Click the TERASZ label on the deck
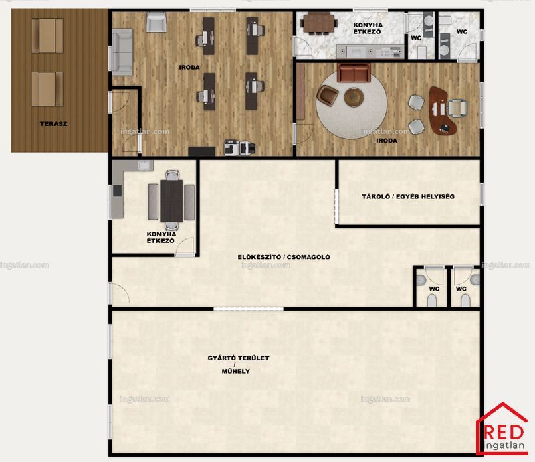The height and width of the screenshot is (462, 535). pyautogui.click(x=53, y=124)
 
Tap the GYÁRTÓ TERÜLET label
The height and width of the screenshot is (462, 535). pyautogui.click(x=239, y=358)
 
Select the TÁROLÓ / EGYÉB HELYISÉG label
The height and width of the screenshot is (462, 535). pyautogui.click(x=409, y=196)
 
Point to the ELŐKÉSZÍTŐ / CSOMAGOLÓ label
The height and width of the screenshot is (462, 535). pyautogui.click(x=284, y=257)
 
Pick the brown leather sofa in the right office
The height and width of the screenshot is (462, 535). pyautogui.click(x=354, y=72)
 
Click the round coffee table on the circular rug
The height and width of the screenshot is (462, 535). pyautogui.click(x=354, y=97)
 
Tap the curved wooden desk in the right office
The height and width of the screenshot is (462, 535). pyautogui.click(x=442, y=110)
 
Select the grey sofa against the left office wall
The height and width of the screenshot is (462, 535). pyautogui.click(x=122, y=52)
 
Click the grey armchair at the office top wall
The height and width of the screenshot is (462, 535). pyautogui.click(x=156, y=22)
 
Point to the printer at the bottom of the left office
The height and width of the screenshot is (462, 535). pyautogui.click(x=240, y=147)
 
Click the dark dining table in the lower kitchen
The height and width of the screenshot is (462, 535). pyautogui.click(x=172, y=201)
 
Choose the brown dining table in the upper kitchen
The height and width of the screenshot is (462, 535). pyautogui.click(x=319, y=23)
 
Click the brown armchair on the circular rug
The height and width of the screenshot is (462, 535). pyautogui.click(x=328, y=94)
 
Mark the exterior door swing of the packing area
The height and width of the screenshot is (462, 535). pyautogui.click(x=120, y=293)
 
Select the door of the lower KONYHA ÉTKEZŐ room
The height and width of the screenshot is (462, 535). pyautogui.click(x=185, y=246)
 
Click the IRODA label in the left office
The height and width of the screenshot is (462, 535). pyautogui.click(x=189, y=68)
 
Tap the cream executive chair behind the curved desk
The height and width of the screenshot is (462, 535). pyautogui.click(x=457, y=107)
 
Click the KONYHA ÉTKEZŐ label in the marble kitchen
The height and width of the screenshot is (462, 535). pyautogui.click(x=368, y=28)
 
